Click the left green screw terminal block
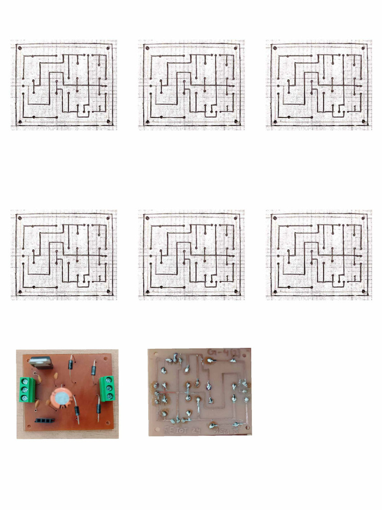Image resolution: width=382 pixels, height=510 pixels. pos(28,389)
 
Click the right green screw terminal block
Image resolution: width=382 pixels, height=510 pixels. pos(107,388)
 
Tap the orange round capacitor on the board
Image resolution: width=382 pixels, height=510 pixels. pos(60,398)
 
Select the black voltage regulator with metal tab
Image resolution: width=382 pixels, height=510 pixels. pos(41,363)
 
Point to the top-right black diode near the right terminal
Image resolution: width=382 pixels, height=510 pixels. pos(94,370)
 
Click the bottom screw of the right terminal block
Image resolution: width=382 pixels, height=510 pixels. pos(109,396)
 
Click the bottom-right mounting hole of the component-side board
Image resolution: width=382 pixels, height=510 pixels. pos(108,424)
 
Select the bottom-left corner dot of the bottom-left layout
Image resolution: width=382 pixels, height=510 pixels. pos(20,291)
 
